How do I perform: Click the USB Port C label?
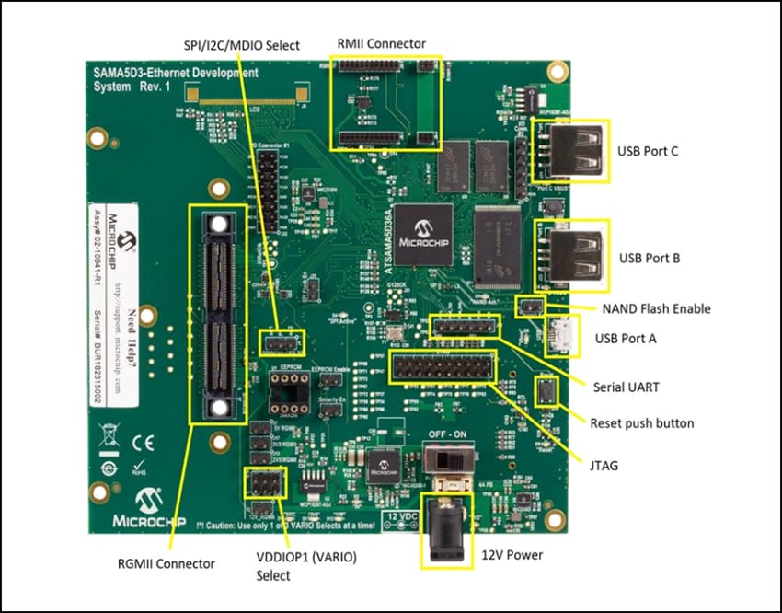[x=649, y=151]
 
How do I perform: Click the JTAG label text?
[x=605, y=467]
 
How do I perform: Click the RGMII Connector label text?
[x=169, y=563]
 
